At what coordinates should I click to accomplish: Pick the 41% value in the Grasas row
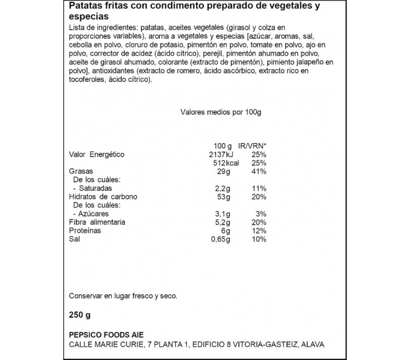click(x=259, y=172)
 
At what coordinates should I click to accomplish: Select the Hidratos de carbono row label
click(x=103, y=197)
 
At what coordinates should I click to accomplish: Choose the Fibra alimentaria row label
click(x=97, y=223)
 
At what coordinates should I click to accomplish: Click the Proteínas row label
click(x=85, y=231)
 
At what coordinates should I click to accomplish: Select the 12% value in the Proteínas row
click(x=259, y=231)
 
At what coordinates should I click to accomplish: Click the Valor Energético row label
click(x=97, y=155)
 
